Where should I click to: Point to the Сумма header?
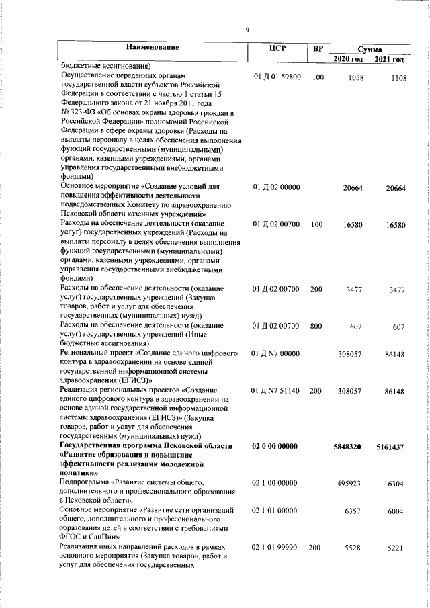pos(370,50)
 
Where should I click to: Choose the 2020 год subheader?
pos(349,60)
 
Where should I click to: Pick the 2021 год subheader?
pos(390,60)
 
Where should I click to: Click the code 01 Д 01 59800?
pos(277,77)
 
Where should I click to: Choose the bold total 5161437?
pos(390,447)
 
